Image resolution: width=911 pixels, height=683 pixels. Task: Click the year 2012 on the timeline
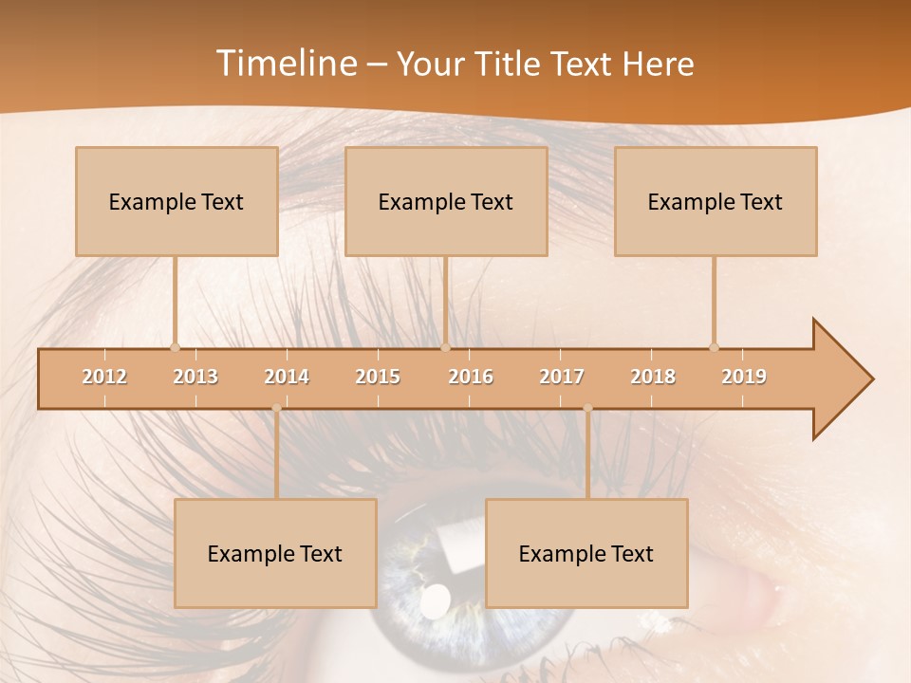[x=104, y=377]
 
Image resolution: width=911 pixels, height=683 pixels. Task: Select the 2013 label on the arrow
[x=195, y=377]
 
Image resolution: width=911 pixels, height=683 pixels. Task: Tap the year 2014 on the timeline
[x=287, y=377]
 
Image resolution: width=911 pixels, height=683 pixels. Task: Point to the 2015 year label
[x=378, y=377]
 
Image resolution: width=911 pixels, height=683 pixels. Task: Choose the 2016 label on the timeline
[x=471, y=377]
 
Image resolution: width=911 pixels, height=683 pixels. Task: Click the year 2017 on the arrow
[x=562, y=377]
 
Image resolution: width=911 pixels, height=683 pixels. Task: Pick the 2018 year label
[x=653, y=377]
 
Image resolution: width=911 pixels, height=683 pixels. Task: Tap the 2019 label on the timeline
[x=744, y=377]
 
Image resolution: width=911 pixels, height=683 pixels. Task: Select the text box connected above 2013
[x=177, y=201]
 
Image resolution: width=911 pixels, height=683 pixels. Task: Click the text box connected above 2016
[x=446, y=201]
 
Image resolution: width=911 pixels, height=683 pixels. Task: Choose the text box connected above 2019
[x=716, y=201]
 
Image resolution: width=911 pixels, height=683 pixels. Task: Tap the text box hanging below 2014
[x=275, y=553]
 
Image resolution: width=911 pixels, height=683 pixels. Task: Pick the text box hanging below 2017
[x=586, y=553]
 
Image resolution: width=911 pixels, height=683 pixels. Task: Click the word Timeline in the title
[x=285, y=64]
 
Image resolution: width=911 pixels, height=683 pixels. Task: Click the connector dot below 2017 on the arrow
[x=587, y=409]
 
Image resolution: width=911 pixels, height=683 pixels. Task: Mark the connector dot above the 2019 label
[x=714, y=347]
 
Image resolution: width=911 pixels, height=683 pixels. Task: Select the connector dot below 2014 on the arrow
[x=276, y=409]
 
